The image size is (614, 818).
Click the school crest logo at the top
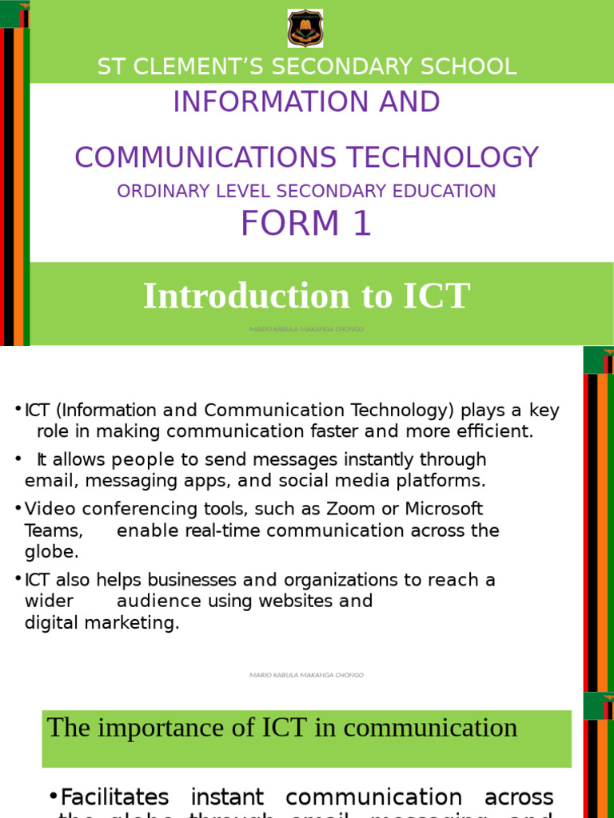305,29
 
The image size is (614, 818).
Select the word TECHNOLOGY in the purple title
458,157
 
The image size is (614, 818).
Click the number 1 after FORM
362,224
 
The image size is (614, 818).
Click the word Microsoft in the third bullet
444,509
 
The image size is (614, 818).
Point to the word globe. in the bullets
52,552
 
